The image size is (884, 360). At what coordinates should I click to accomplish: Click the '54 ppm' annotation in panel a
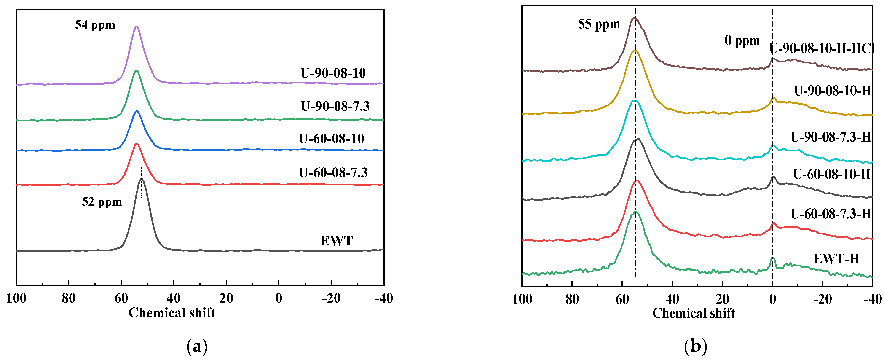tap(95, 25)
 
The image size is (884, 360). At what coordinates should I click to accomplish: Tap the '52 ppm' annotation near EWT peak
tap(102, 201)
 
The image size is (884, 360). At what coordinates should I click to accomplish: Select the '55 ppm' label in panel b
tap(599, 24)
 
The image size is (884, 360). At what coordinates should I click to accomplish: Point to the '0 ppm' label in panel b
tap(742, 40)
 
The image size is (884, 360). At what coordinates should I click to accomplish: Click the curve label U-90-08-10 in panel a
tap(333, 73)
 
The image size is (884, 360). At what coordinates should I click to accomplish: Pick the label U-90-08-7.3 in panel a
tap(335, 106)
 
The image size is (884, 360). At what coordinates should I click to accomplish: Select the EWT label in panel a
tap(336, 241)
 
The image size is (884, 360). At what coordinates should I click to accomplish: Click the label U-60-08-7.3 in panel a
tap(333, 172)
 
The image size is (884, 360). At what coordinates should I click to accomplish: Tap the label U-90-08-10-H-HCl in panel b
tap(822, 49)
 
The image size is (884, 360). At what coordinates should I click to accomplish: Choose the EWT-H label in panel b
tap(836, 258)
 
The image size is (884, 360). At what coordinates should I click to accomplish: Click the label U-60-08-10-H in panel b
tap(832, 174)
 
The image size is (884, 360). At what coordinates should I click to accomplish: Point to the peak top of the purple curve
tap(137, 26)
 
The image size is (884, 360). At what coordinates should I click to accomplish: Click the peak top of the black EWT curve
tap(142, 179)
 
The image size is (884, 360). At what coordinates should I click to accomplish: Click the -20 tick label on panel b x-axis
tap(822, 299)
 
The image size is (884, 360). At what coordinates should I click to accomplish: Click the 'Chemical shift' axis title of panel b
tap(693, 313)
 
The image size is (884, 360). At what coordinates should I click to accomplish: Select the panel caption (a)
tap(197, 347)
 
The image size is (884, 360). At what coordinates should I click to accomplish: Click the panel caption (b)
tap(695, 347)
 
